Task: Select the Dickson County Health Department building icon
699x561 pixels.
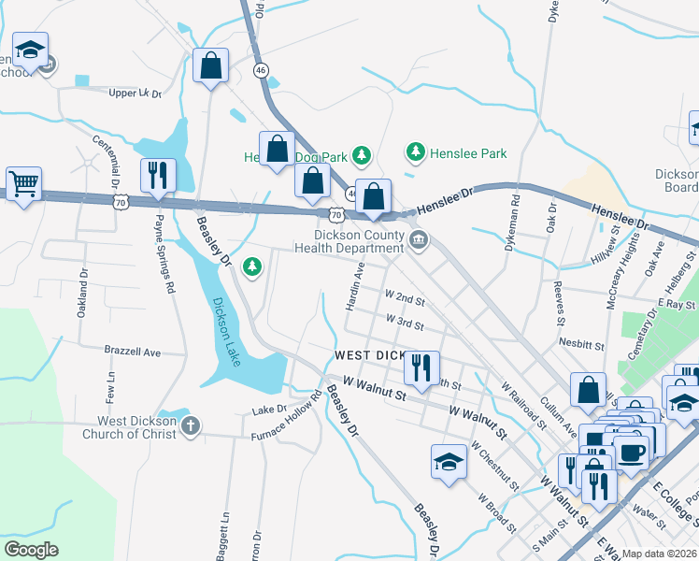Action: click(x=419, y=242)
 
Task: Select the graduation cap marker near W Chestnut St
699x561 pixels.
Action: click(x=449, y=461)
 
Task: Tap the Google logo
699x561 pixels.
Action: click(x=32, y=550)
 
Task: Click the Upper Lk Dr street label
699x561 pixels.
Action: click(x=136, y=93)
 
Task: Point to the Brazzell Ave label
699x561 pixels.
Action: click(x=132, y=352)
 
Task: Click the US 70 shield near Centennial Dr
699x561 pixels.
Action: click(x=120, y=202)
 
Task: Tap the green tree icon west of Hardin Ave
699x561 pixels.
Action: click(x=251, y=269)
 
